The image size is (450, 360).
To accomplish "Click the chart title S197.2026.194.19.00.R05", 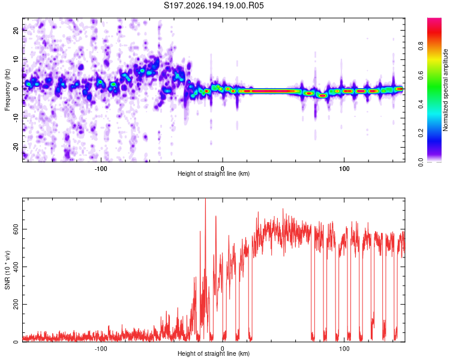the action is click(214, 5).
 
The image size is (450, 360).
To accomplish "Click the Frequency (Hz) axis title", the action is click(7, 90).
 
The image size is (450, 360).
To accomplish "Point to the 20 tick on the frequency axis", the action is click(16, 30).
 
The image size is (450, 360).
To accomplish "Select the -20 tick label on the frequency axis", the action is click(16, 147).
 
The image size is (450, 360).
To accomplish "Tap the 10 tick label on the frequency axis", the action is click(16, 59).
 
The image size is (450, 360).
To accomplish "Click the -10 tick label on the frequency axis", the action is click(16, 118).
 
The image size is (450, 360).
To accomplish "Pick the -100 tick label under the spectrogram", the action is click(101, 169).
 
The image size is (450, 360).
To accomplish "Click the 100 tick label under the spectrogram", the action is click(344, 169).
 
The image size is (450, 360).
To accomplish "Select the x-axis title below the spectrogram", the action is click(214, 173).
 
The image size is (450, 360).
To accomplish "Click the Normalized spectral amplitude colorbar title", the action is click(445, 90).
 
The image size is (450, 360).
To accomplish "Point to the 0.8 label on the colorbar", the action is click(421, 46).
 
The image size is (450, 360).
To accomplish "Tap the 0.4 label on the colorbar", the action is click(421, 104).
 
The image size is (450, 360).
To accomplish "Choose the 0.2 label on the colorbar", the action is click(421, 133).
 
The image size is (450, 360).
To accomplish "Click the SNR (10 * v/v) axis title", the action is click(7, 270).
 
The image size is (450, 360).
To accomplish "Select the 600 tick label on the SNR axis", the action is click(16, 229).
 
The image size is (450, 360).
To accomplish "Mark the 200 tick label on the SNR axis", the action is click(16, 304).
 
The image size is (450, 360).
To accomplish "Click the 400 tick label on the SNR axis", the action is click(16, 266).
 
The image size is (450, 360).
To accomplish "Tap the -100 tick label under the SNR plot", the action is click(101, 349).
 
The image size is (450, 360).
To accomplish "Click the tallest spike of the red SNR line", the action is click(205, 199).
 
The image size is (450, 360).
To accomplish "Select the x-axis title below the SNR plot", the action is click(214, 353).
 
